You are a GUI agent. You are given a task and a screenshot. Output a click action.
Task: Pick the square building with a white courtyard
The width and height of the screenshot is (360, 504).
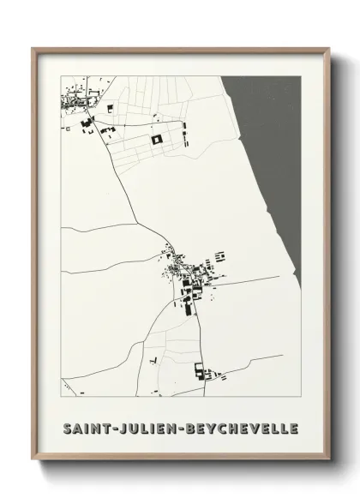click(157, 139)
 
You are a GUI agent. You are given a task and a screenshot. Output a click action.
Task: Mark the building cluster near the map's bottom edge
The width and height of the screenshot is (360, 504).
click(204, 372)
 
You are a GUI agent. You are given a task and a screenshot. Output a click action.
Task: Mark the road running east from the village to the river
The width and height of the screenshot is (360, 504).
click(257, 281)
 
